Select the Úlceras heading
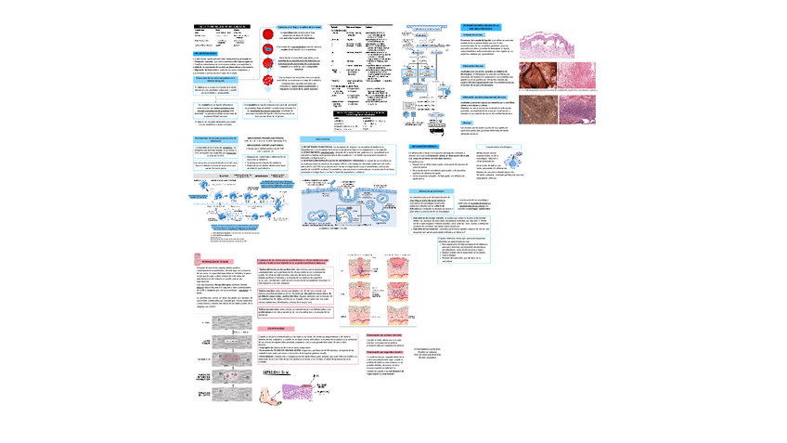coord(469,122)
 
